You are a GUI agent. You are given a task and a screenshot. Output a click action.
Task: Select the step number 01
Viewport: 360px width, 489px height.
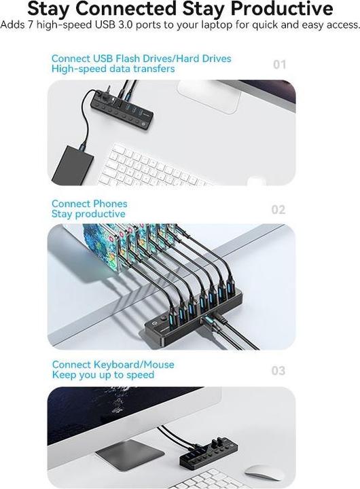(279, 65)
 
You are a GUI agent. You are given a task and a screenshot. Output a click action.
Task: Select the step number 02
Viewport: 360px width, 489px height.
(278, 210)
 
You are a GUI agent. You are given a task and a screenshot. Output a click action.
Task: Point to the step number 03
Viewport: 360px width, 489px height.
(278, 371)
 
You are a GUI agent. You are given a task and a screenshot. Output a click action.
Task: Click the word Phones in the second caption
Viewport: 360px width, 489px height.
(109, 204)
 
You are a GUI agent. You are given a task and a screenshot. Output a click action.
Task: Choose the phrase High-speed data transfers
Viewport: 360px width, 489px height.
(113, 69)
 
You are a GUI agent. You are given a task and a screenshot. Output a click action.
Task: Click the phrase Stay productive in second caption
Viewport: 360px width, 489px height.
(88, 214)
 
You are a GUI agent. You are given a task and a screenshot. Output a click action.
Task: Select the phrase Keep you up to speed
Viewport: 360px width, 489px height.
(103, 375)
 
